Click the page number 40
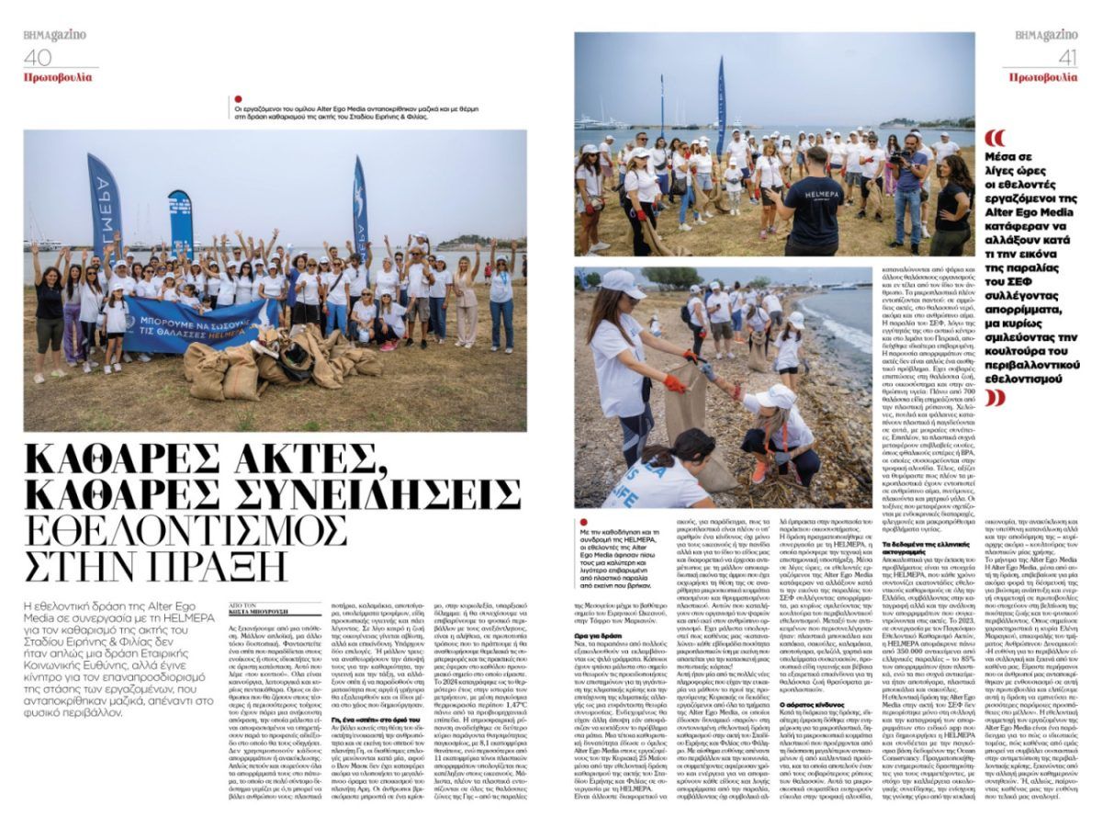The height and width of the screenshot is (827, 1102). click(38, 56)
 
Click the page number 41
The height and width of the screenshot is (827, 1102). click(1062, 56)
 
